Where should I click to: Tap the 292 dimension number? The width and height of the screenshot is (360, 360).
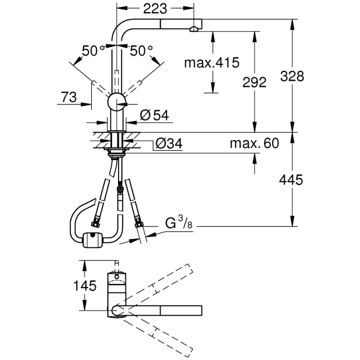[255, 82]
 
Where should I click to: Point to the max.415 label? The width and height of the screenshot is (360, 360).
[211, 62]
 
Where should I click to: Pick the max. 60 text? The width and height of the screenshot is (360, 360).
[254, 144]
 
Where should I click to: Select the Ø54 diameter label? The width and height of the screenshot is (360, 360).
[154, 115]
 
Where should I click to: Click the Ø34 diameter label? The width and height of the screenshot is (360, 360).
[168, 144]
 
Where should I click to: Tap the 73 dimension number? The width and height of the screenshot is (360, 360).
[69, 97]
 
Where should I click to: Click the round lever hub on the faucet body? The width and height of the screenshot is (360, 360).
[117, 102]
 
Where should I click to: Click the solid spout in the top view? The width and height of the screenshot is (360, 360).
[162, 310]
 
